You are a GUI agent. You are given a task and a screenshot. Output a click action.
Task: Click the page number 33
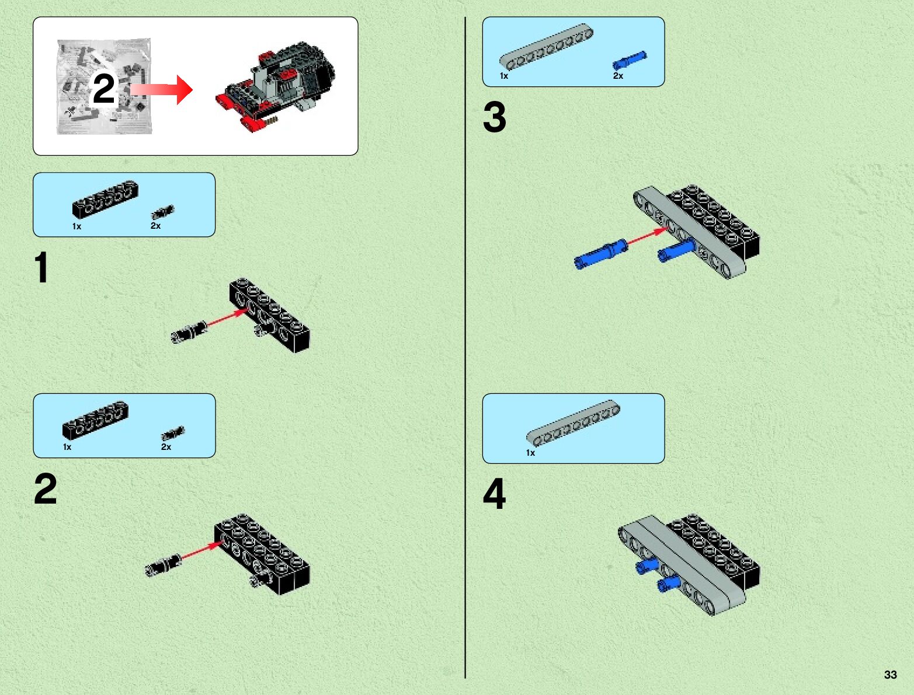pyautogui.click(x=890, y=675)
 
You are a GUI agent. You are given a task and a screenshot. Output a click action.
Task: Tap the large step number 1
pyautogui.click(x=41, y=267)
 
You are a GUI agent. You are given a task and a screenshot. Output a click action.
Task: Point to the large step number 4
pyautogui.click(x=495, y=494)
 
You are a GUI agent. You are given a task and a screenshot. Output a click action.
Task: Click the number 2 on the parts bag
pyautogui.click(x=104, y=89)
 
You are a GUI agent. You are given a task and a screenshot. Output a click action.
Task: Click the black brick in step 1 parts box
pyautogui.click(x=105, y=199)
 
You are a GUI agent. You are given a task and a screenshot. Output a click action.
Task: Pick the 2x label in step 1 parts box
pyautogui.click(x=156, y=226)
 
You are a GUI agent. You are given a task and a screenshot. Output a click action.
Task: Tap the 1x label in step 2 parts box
pyautogui.click(x=67, y=447)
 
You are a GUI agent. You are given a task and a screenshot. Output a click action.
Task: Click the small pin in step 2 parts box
pyautogui.click(x=173, y=434)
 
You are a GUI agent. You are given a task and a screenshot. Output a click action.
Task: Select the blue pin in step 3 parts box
pyautogui.click(x=630, y=60)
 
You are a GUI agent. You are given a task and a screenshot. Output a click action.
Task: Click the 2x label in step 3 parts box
pyautogui.click(x=618, y=76)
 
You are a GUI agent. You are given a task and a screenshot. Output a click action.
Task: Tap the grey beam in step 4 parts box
pyautogui.click(x=573, y=422)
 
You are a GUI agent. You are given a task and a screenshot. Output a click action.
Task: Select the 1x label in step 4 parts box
pyautogui.click(x=530, y=452)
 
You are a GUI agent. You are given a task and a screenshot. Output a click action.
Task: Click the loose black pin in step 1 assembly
pyautogui.click(x=189, y=331)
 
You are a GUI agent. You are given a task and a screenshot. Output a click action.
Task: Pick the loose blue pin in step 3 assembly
pyautogui.click(x=601, y=254)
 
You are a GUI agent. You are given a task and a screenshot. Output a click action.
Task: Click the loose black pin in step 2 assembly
pyautogui.click(x=163, y=565)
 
